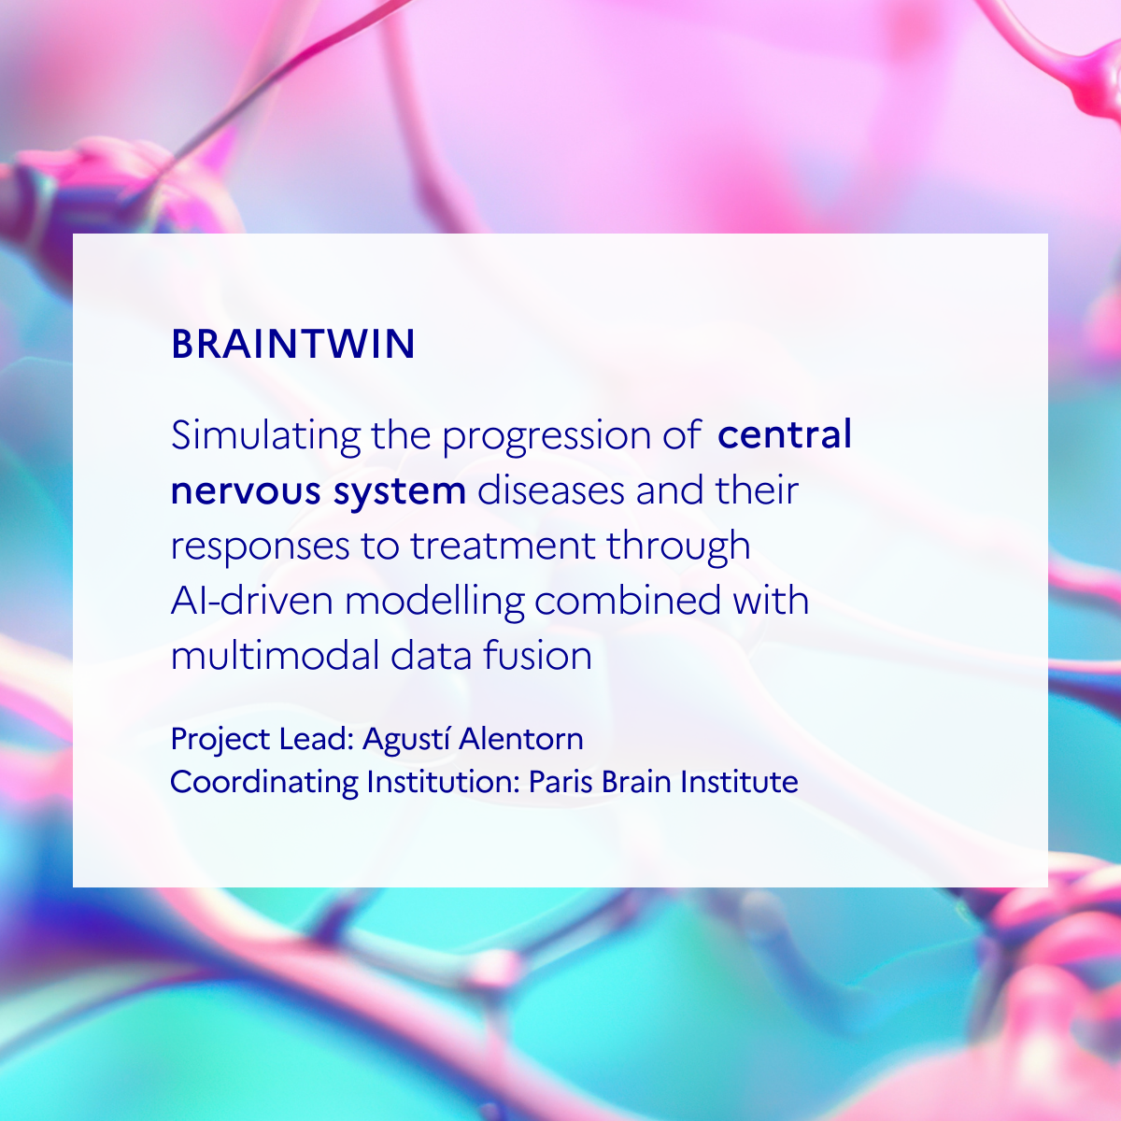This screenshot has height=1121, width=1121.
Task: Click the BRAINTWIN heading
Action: pyautogui.click(x=293, y=344)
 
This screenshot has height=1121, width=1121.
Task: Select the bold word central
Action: pyautogui.click(x=784, y=434)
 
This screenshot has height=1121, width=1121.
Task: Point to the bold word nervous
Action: pyautogui.click(x=246, y=491)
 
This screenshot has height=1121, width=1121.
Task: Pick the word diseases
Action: pyautogui.click(x=550, y=490)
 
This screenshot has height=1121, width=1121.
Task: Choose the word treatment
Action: pyautogui.click(x=504, y=546)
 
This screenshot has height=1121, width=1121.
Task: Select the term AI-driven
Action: pyautogui.click(x=252, y=601)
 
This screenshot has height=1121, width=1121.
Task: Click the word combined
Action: pyautogui.click(x=628, y=601)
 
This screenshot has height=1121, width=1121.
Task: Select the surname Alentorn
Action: pyautogui.click(x=520, y=739)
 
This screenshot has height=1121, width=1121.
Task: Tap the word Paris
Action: pyautogui.click(x=561, y=781)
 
